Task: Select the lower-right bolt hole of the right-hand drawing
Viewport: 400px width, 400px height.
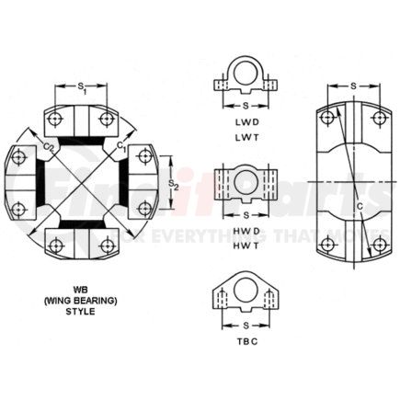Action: pos(378,243)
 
